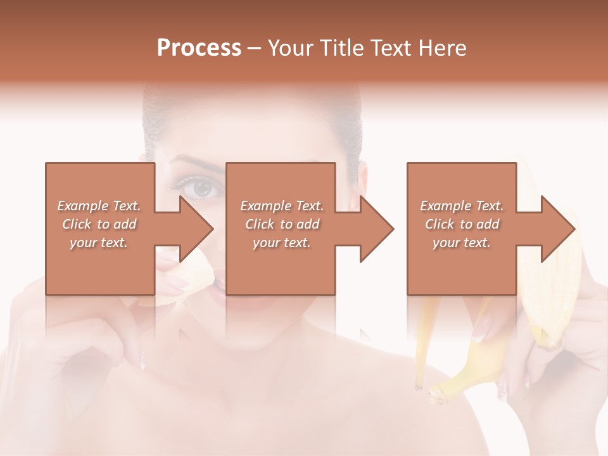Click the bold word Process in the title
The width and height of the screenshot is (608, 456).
click(199, 48)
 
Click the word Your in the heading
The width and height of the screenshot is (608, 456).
click(289, 48)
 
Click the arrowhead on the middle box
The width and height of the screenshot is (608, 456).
click(377, 229)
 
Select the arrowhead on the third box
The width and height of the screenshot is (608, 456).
click(558, 229)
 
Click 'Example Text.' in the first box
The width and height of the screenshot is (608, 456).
click(99, 206)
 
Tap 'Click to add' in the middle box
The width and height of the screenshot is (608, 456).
click(282, 224)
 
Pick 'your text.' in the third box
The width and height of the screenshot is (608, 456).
click(461, 243)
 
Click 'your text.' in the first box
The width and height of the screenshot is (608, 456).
click(99, 243)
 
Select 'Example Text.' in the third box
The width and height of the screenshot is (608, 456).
click(462, 206)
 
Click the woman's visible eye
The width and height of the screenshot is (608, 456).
click(201, 187)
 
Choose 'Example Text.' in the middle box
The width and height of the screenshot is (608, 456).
click(282, 206)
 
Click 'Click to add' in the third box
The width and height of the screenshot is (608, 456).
click(462, 224)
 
